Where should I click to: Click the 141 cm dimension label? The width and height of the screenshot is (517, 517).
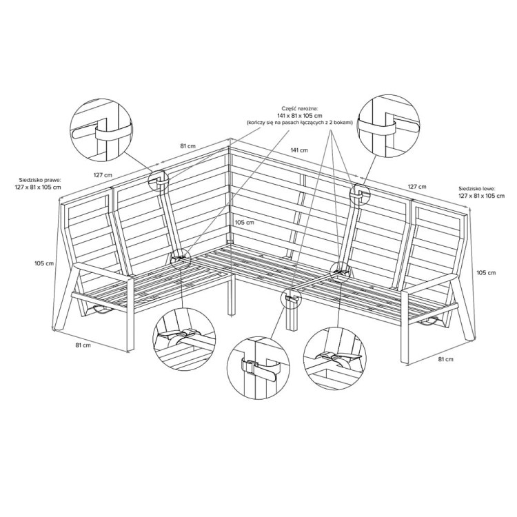(299, 150)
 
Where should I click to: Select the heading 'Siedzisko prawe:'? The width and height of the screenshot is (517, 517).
(41, 181)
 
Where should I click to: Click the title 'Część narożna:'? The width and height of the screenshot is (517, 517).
(300, 108)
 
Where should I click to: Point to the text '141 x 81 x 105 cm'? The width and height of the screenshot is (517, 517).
(300, 115)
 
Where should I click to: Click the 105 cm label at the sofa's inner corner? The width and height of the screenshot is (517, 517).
(244, 222)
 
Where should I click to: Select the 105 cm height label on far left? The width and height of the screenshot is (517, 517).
(44, 263)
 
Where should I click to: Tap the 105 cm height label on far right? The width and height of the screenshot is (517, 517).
(486, 273)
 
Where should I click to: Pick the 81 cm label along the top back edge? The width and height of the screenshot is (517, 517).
(187, 146)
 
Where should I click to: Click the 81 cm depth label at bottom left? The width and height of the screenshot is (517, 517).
(83, 345)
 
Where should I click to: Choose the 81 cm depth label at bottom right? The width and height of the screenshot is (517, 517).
(445, 359)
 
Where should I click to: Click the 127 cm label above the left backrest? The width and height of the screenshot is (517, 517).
(103, 175)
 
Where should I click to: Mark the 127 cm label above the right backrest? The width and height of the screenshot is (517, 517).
(417, 187)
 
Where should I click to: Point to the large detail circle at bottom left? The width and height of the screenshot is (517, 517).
(152, 338)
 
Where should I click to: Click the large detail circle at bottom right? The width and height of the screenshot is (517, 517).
(304, 357)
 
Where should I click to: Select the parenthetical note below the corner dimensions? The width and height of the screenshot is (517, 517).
(300, 122)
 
